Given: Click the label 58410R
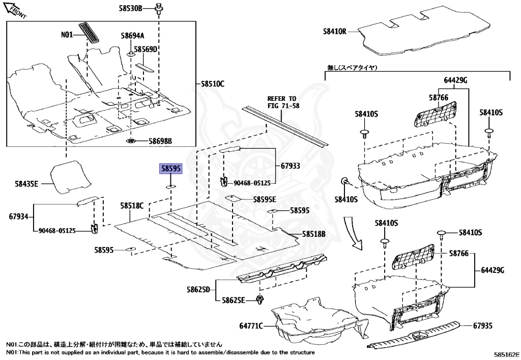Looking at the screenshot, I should [x=334, y=31].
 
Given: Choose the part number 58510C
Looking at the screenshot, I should [x=212, y=84].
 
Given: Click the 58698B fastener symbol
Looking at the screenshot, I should [x=130, y=141].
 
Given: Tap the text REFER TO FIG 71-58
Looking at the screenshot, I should [x=282, y=102].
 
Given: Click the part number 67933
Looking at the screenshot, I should [x=290, y=165].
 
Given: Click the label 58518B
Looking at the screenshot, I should [x=314, y=234].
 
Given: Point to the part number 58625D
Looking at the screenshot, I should [x=198, y=290].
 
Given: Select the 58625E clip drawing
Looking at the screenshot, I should [x=260, y=300].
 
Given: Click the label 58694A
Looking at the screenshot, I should [x=132, y=36].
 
